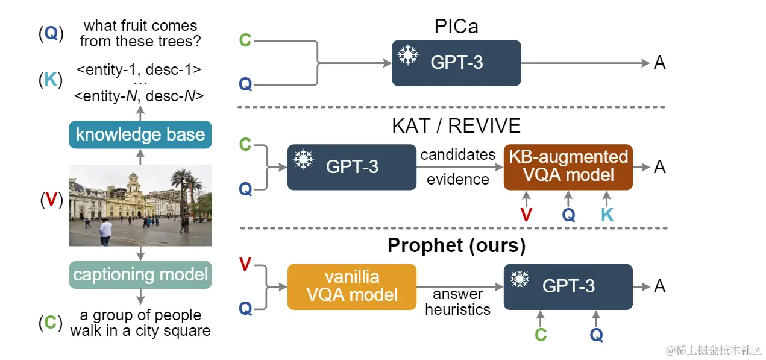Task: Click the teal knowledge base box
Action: tap(140, 134)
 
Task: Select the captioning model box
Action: tap(140, 274)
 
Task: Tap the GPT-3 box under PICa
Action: tap(456, 63)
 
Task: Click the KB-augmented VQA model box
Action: tap(568, 166)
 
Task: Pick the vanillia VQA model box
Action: tap(352, 286)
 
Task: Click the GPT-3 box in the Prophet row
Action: tap(568, 286)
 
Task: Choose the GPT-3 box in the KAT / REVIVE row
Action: tap(352, 167)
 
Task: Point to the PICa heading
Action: tap(457, 27)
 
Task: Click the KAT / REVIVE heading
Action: tap(456, 126)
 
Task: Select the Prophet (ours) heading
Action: tap(456, 246)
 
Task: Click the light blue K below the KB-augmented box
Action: tap(607, 215)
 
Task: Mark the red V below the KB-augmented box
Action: tap(526, 215)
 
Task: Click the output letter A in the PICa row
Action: tap(659, 63)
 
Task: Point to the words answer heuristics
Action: tap(458, 302)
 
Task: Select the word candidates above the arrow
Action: tap(458, 155)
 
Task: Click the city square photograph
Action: tap(140, 206)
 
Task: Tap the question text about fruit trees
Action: tap(140, 34)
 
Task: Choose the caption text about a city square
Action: tap(140, 323)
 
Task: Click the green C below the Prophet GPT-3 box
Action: tap(541, 335)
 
